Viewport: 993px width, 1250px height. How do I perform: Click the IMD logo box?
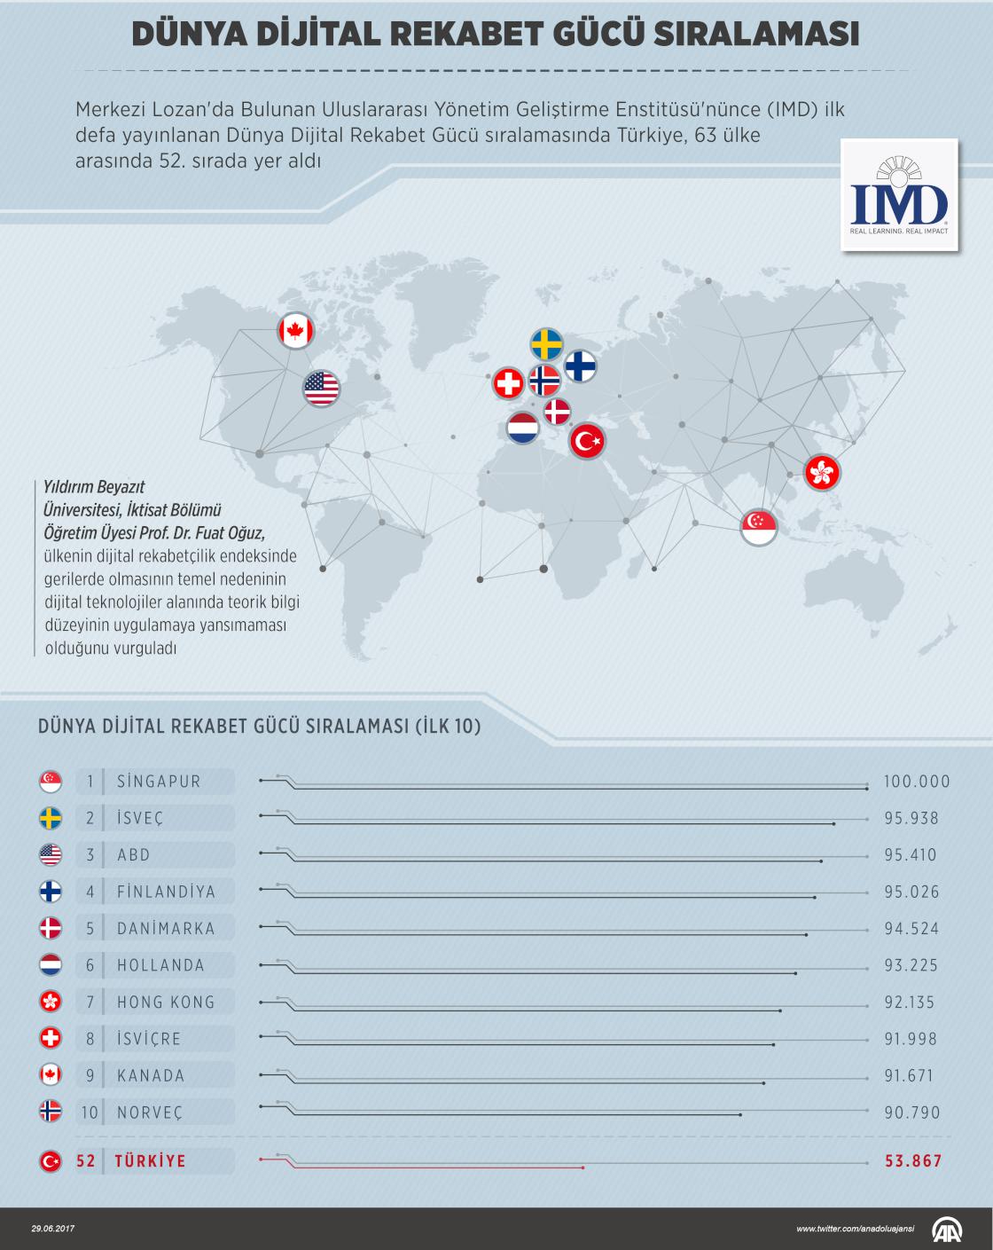tap(900, 194)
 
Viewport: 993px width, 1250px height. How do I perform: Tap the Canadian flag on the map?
tap(295, 332)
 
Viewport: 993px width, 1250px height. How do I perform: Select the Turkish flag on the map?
tap(586, 440)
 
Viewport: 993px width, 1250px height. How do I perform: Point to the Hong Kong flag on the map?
tap(821, 471)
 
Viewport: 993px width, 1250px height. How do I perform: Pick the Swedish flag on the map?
tap(546, 344)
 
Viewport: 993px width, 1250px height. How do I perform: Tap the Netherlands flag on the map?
tap(523, 428)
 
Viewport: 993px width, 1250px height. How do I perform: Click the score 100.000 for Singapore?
tap(916, 782)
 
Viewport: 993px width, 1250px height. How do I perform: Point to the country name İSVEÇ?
tap(140, 818)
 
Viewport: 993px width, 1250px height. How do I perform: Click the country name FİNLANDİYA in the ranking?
tap(166, 892)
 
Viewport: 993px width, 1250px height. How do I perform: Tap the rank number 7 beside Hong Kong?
tap(90, 1002)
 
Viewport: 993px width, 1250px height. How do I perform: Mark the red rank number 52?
tap(87, 1161)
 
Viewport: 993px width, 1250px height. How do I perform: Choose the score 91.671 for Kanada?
tap(909, 1075)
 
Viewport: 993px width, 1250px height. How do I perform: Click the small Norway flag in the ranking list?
tap(51, 1112)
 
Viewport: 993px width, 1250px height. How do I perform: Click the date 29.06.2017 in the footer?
tap(54, 1229)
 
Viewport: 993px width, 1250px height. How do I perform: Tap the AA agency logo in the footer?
tap(950, 1229)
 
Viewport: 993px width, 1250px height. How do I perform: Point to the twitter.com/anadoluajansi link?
tap(855, 1229)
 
